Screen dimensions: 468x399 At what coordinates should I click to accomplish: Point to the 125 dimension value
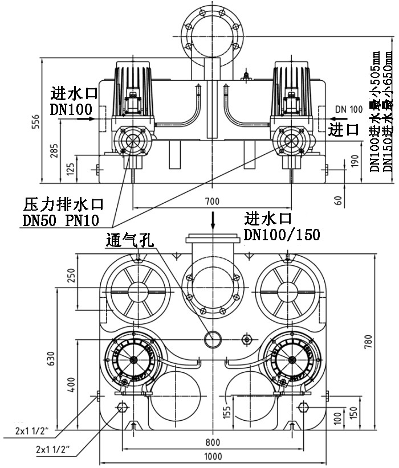pos(69,169)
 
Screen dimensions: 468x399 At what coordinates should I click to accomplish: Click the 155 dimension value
pos(226,412)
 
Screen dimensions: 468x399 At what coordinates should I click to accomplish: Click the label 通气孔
pos(130,240)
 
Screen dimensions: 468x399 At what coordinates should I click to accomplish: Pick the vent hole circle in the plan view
pos(213,339)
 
